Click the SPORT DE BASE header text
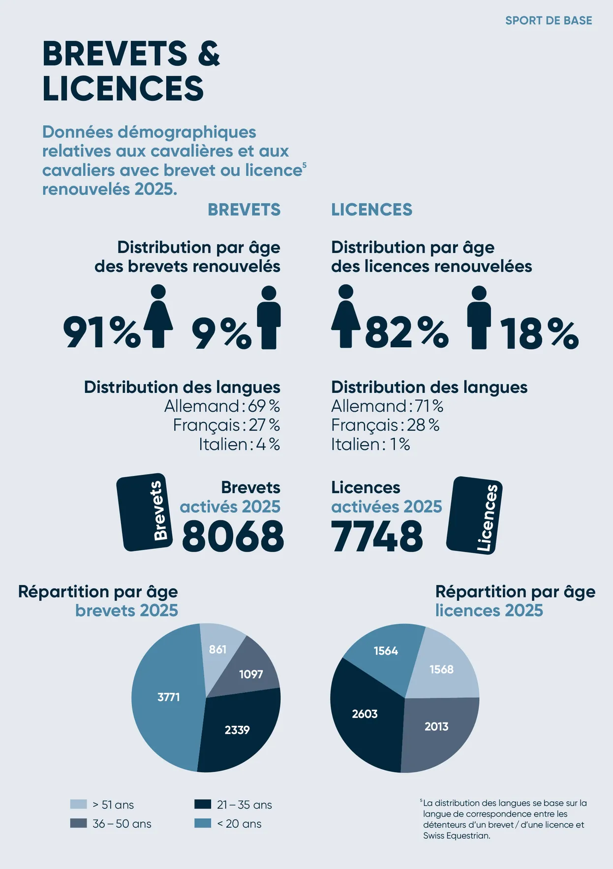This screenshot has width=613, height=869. point(549,21)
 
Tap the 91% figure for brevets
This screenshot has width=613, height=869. point(101,333)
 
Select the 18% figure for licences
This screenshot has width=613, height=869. point(539,334)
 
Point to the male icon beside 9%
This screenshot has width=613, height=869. point(269,318)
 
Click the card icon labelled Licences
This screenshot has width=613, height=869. point(474,515)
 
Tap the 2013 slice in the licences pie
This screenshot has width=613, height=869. point(438,728)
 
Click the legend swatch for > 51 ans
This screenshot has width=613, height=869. point(79,804)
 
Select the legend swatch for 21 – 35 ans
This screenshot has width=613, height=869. point(203,804)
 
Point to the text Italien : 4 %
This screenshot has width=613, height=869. point(239,445)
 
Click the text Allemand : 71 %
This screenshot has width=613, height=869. point(387,406)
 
